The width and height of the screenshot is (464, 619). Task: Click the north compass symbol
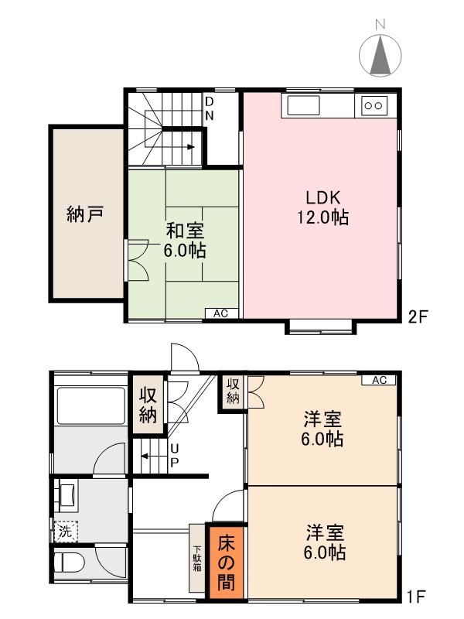[x=380, y=53]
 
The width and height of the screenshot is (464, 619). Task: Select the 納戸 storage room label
[x=85, y=214]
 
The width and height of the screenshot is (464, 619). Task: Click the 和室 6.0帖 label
[x=184, y=240]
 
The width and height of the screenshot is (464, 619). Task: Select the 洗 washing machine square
[x=67, y=532]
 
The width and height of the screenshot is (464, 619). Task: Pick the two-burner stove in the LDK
[x=374, y=106]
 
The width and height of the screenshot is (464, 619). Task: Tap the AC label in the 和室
[x=220, y=313]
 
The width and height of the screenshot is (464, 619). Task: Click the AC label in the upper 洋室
[x=378, y=380]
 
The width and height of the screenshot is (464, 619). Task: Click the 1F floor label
[x=416, y=597]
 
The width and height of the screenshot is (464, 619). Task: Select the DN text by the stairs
[x=210, y=108]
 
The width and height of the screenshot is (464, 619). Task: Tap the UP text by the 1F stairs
[x=174, y=456]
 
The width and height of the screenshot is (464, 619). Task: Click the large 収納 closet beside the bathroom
[x=148, y=404]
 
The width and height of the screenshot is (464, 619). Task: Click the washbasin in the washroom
[x=67, y=495]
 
